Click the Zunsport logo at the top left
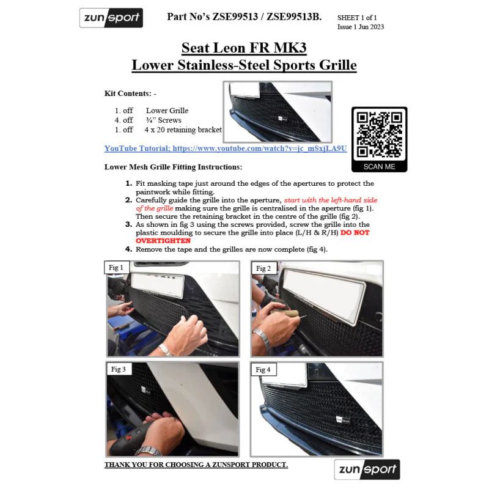click(x=111, y=18)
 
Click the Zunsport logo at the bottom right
click(x=367, y=469)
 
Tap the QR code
click(x=379, y=134)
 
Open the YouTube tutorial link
click(x=226, y=149)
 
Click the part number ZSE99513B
click(x=294, y=17)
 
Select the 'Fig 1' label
click(x=116, y=268)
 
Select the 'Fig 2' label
click(x=263, y=268)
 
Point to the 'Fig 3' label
click(x=119, y=369)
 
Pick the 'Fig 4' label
click(x=263, y=370)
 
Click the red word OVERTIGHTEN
click(x=163, y=241)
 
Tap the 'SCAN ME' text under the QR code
click(x=379, y=166)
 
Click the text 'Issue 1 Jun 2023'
click(x=361, y=27)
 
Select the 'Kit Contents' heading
click(x=128, y=94)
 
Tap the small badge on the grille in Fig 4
click(x=343, y=420)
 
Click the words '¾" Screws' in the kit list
click(x=163, y=120)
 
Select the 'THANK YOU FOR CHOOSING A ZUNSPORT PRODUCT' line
click(x=196, y=465)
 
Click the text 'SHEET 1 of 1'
click(x=357, y=18)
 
